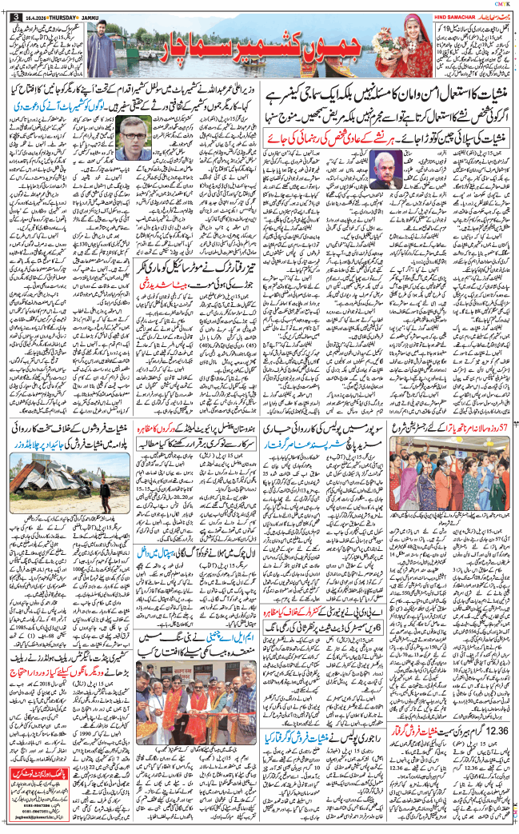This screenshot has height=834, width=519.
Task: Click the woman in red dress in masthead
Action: click(417, 52)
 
